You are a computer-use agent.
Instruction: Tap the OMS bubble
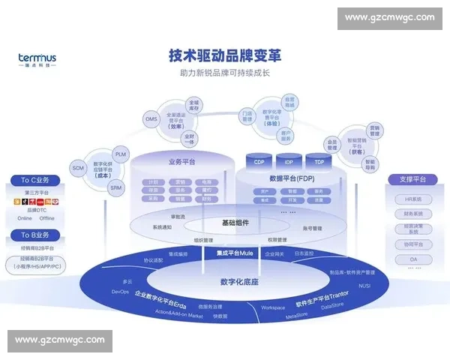coord(151,118)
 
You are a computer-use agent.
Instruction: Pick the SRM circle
coord(115,187)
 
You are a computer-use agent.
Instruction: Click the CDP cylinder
coord(259,161)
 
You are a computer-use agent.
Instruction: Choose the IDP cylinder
coord(289,161)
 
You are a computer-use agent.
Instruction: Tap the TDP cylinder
coord(319,161)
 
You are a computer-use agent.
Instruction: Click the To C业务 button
coord(35,180)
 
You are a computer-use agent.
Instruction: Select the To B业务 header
coord(35,235)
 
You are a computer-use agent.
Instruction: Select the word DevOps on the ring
coord(121,291)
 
